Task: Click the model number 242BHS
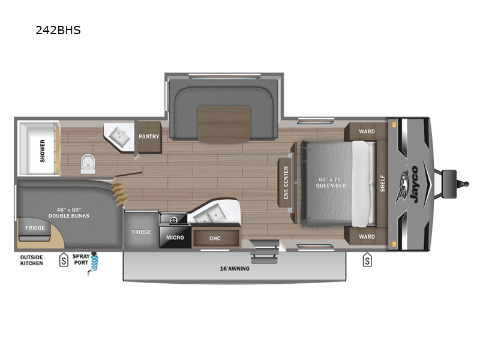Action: pos(58,29)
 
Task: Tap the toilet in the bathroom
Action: pos(88,161)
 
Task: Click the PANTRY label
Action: pos(149,136)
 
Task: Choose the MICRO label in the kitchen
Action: pos(175,238)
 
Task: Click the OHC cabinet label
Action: pos(215,238)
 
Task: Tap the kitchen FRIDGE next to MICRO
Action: pos(142,232)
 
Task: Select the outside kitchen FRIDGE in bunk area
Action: pos(34,228)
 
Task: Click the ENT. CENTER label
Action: pos(286,182)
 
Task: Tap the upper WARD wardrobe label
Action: pos(367,131)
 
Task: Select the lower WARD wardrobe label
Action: pos(367,236)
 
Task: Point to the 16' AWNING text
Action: pos(234,268)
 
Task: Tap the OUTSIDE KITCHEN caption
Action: pos(32,260)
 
